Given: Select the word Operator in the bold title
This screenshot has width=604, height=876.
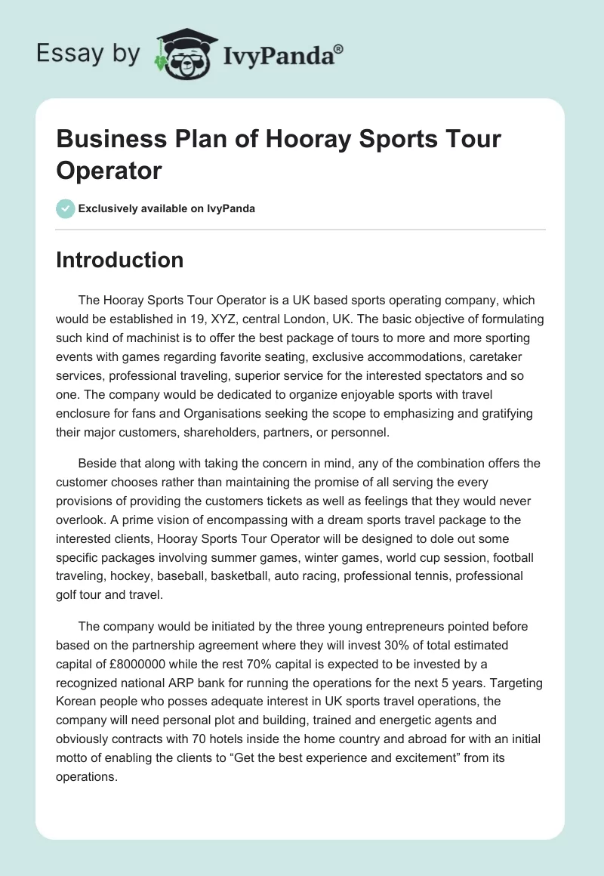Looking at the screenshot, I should [109, 170].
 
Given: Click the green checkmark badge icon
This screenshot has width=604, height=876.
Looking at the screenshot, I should [65, 208].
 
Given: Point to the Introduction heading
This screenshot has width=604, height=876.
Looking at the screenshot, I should [119, 260].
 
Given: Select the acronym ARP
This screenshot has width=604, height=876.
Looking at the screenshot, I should [175, 680].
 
